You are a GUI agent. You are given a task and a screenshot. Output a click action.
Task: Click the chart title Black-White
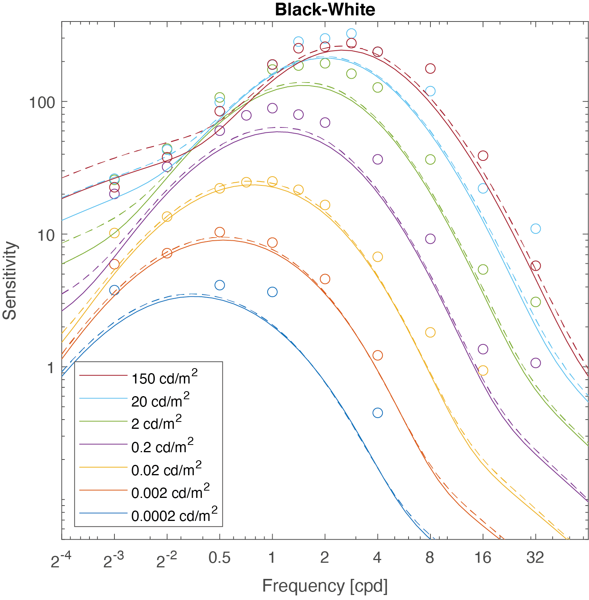click(x=325, y=10)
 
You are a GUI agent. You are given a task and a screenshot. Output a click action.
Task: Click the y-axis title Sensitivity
click(x=10, y=281)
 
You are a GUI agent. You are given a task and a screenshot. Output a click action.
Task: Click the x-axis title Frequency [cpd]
click(x=325, y=586)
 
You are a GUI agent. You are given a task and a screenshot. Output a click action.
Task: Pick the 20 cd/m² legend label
click(x=160, y=401)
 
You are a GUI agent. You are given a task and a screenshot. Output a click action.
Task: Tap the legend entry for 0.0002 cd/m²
click(x=174, y=515)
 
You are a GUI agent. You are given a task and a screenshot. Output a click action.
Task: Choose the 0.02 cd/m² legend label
click(x=166, y=469)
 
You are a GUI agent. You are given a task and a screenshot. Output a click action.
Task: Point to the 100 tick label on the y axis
click(x=42, y=102)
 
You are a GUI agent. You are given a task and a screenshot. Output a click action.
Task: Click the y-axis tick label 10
click(x=46, y=235)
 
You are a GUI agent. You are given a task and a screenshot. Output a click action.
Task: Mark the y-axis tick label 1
click(x=50, y=368)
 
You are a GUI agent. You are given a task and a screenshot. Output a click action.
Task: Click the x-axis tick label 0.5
click(x=219, y=558)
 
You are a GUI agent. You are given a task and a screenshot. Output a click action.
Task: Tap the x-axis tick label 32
click(x=535, y=558)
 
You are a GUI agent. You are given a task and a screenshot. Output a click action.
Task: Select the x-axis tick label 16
click(x=483, y=558)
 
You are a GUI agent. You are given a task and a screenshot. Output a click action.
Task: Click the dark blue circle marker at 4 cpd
click(x=377, y=413)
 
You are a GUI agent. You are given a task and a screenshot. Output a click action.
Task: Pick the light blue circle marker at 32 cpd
click(x=536, y=229)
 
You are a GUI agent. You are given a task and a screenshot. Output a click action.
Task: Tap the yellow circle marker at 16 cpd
click(x=483, y=370)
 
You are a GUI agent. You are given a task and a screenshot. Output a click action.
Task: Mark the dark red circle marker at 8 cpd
click(x=430, y=69)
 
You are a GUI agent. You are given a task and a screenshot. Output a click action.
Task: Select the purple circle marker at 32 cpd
click(x=536, y=363)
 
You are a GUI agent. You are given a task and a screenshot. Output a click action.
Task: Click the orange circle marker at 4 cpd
click(x=377, y=355)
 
